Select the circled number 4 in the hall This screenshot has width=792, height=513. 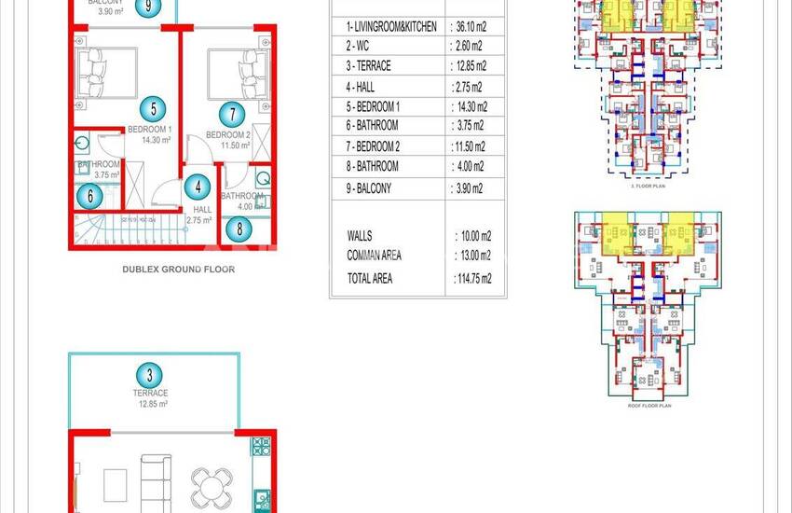[x=198, y=187]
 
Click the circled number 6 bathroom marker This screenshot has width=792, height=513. [x=89, y=196]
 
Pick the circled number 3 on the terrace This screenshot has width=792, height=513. [x=149, y=377]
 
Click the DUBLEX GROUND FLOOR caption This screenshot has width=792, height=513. [x=178, y=269]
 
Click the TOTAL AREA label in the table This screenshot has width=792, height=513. [x=370, y=278]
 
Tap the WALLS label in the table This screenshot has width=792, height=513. [x=360, y=237]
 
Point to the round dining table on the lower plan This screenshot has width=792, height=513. [x=208, y=485]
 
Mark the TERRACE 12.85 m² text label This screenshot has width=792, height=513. [x=149, y=399]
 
